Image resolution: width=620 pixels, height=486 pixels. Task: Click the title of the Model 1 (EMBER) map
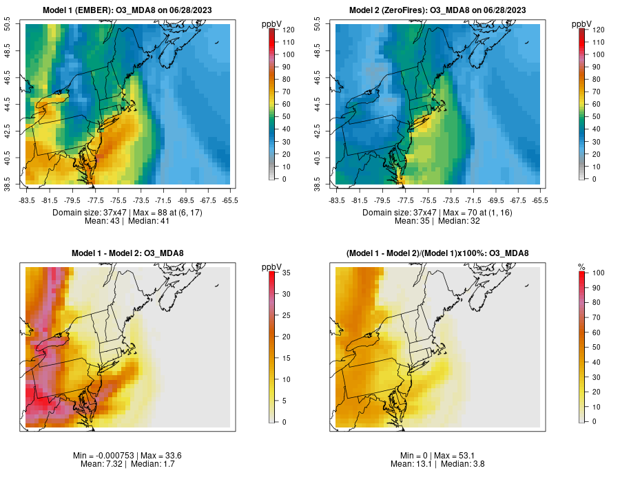pyautogui.click(x=127, y=10)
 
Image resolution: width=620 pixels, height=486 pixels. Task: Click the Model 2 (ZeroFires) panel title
pyautogui.click(x=437, y=10)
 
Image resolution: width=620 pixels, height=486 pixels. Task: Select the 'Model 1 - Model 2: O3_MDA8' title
pyautogui.click(x=127, y=253)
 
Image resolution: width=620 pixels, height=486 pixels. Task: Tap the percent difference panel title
pyautogui.click(x=437, y=253)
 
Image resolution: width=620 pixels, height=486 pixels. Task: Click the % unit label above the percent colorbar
pyautogui.click(x=581, y=266)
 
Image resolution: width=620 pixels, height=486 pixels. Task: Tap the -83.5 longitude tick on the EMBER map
pyautogui.click(x=27, y=200)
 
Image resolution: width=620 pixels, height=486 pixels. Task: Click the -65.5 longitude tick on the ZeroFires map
pyautogui.click(x=540, y=200)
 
